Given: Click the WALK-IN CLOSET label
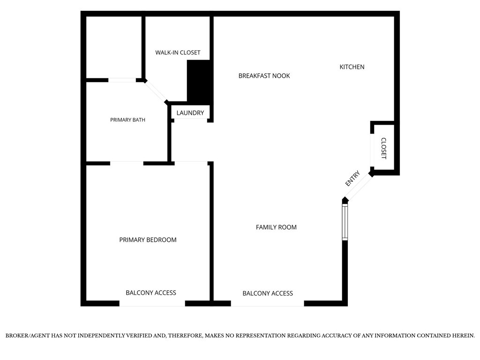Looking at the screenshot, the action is coord(178,52).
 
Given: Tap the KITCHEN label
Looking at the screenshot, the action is coord(352,67).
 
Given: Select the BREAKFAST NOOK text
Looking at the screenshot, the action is coord(264,76).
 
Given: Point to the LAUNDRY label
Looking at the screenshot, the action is coord(190,113).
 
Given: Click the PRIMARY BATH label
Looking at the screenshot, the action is coord(127,120).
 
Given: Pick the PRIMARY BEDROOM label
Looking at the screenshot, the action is coord(148,240).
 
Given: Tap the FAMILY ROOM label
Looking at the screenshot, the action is coord(276,227).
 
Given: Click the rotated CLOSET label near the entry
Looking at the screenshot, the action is coord(383,149).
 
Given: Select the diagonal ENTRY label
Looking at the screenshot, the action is coord(352,179).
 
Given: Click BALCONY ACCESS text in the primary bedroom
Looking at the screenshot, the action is coord(151,293).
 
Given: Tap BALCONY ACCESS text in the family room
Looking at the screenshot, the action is coord(268,293).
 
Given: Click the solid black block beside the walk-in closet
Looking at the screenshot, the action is coord(198,81).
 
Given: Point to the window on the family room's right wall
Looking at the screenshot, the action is coord(345,222).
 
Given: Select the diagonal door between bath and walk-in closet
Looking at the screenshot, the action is coord(156,91).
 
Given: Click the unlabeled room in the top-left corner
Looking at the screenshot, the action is coord(113,47).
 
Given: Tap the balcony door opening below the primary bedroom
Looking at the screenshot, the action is coord(152,303).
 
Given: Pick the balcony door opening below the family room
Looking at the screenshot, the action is coord(268,303).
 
